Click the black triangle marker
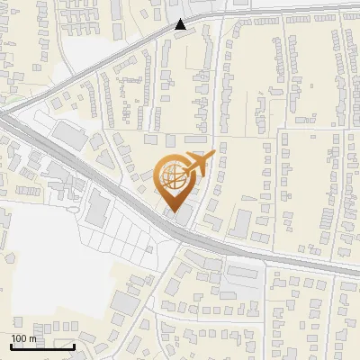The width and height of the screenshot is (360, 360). point(181,24)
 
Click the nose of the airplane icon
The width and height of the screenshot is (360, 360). point(211,155)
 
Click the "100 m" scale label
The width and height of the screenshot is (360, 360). point(23,338)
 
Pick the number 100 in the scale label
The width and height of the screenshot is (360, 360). point(19,338)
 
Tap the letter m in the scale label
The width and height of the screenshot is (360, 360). point(32,338)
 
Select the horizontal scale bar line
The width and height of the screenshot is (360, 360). point(42,346)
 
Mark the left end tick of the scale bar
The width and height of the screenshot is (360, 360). point(12,346)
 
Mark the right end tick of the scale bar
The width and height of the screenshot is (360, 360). point(74,346)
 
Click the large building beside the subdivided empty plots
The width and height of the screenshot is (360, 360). point(97,209)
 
